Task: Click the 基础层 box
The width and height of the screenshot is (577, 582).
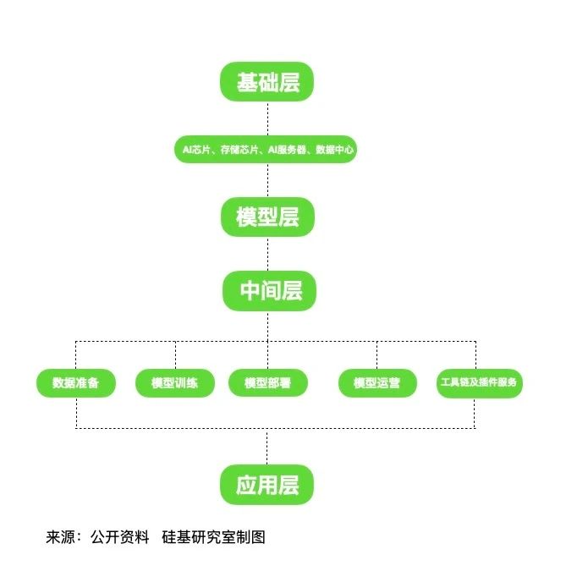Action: pos(267,82)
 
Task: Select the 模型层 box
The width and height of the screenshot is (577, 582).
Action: pos(267,217)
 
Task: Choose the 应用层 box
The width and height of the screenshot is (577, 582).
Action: pos(267,485)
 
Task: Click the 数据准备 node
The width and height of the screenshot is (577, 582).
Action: pos(76,383)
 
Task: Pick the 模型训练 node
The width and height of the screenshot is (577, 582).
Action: pos(175,383)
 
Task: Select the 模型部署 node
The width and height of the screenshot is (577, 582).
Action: pos(268,383)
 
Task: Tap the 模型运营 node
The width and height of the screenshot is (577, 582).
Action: pos(376,383)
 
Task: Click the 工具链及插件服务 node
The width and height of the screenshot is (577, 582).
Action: pos(479,383)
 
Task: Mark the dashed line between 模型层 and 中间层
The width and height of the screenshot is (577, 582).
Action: pos(267,254)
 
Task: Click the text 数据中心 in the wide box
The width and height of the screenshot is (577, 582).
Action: pos(335,151)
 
